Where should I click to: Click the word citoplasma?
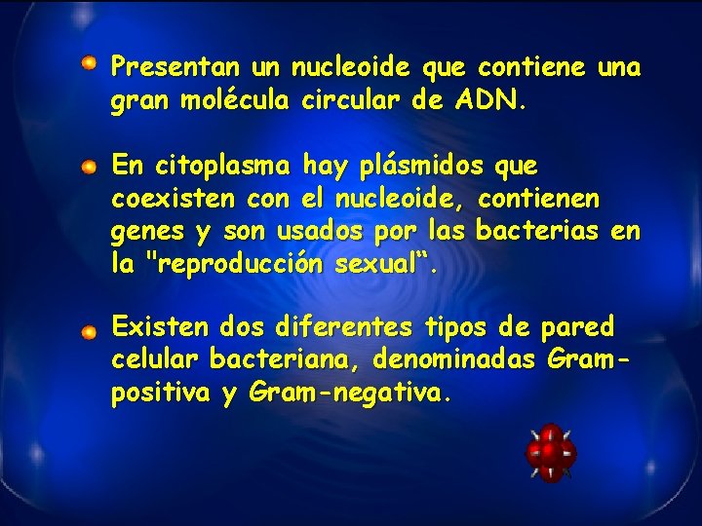pos(219,167)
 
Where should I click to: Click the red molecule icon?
pos(551,452)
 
